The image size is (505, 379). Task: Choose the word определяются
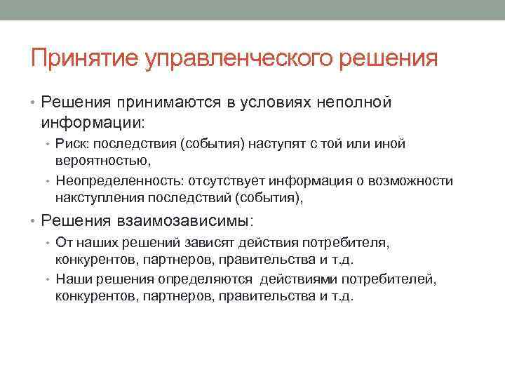click(x=214, y=279)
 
